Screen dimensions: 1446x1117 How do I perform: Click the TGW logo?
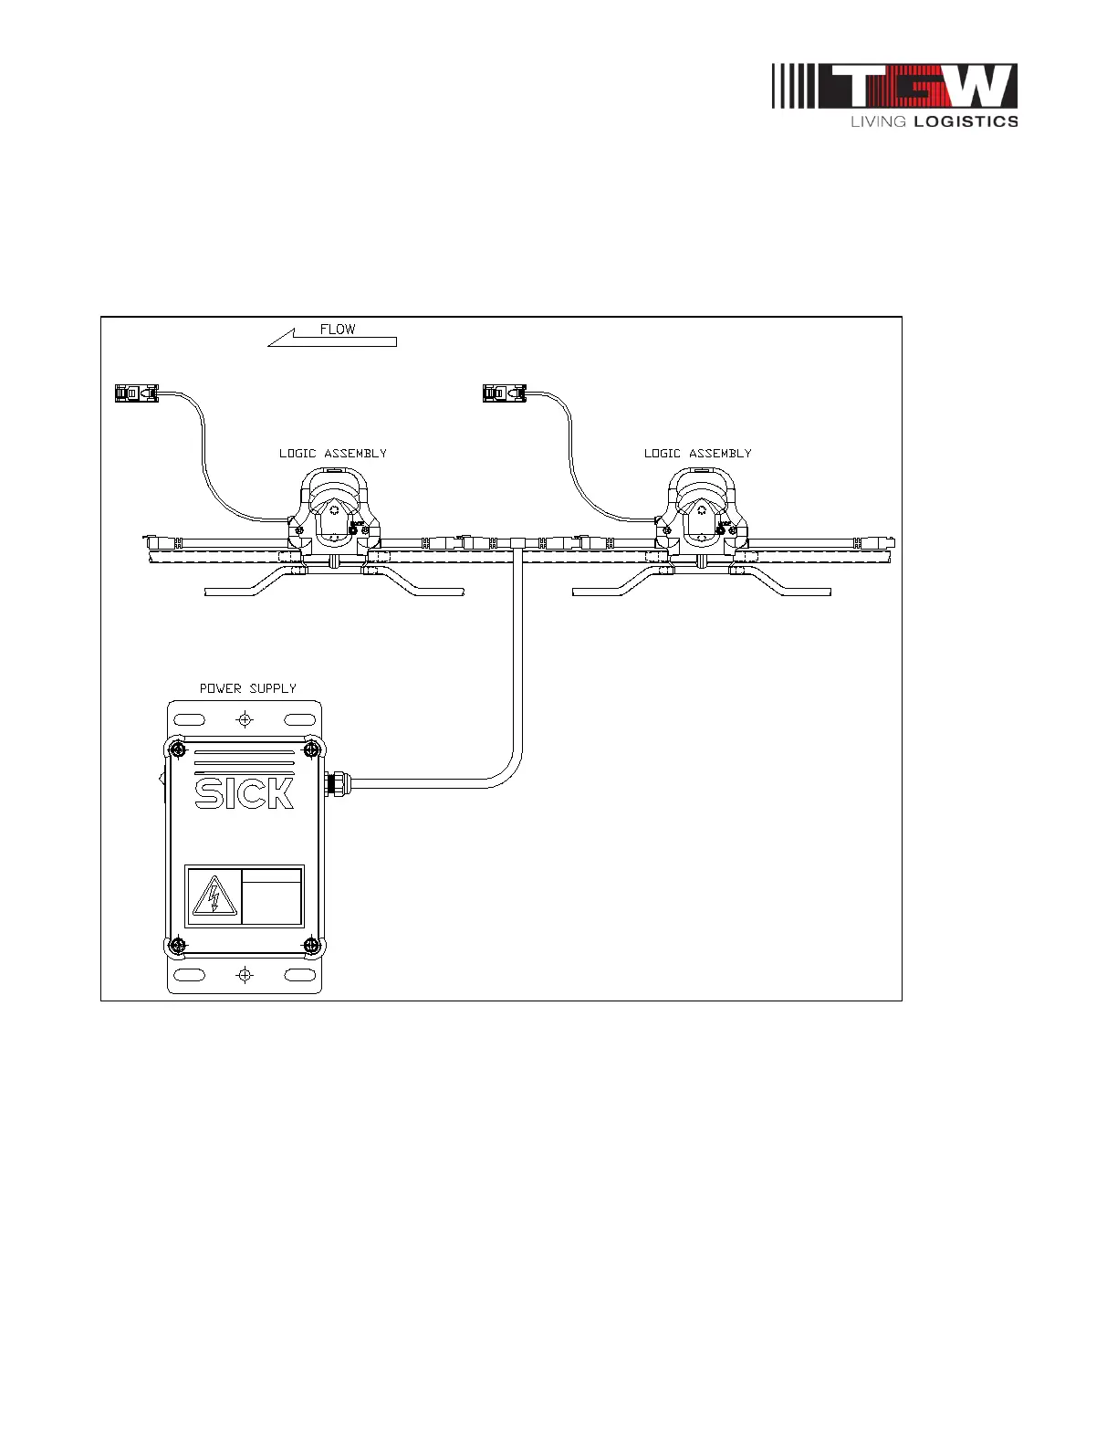coord(894,87)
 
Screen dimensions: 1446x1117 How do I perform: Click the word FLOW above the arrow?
coord(338,330)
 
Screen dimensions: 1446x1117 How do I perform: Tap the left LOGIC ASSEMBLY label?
coord(332,453)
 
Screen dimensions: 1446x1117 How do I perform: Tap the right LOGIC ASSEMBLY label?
coord(697,453)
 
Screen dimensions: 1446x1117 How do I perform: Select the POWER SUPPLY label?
coord(248,688)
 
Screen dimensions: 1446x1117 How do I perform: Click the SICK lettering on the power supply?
coord(245,792)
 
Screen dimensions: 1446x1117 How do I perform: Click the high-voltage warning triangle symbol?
coord(214,896)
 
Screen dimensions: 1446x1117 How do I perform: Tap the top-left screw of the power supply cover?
coord(177,750)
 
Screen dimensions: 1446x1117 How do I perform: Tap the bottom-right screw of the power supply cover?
coord(311,945)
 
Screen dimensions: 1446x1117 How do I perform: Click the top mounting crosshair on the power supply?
coord(245,720)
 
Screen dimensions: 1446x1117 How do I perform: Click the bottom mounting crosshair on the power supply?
coord(245,975)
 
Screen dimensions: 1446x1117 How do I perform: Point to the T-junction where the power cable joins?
coord(517,543)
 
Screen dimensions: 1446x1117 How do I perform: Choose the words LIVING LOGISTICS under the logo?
coord(934,121)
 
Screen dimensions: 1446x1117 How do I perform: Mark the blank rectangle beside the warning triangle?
coord(272,896)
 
